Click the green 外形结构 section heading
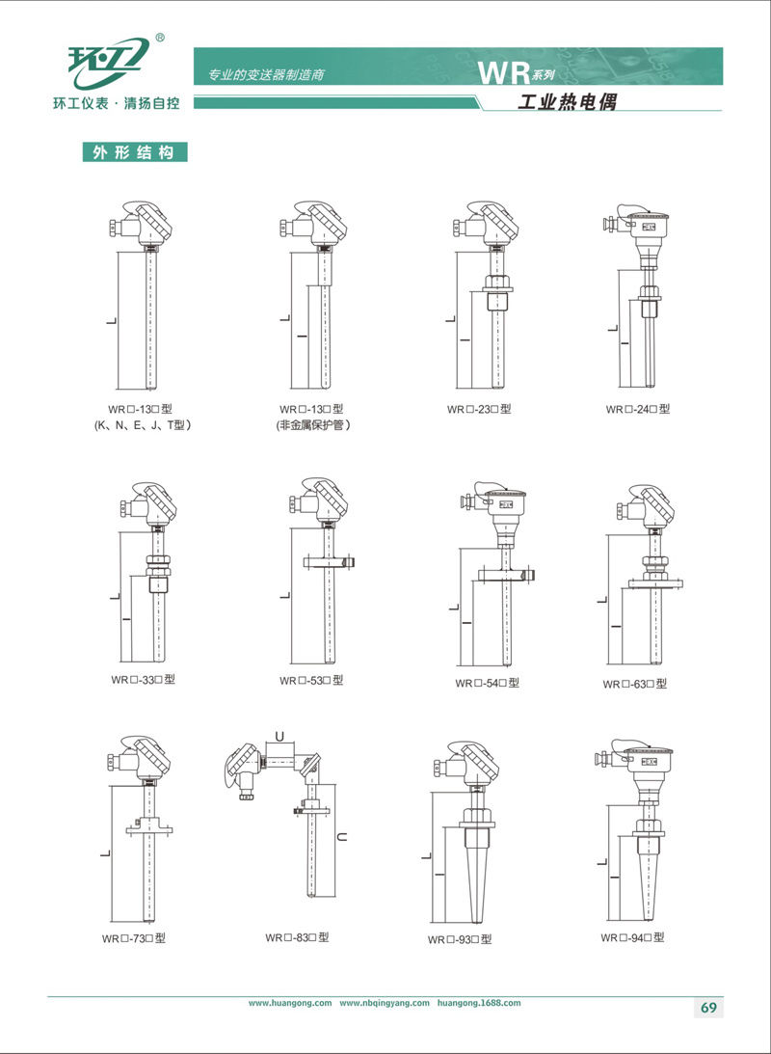click(135, 152)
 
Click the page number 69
click(708, 1008)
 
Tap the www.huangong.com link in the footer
click(290, 1003)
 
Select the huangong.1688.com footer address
click(478, 1003)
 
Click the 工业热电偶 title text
click(568, 101)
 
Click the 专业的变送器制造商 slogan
click(267, 74)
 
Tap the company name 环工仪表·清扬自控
click(117, 104)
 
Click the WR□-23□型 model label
click(479, 409)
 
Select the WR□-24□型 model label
click(637, 409)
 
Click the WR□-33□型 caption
click(143, 680)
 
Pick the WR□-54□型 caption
click(487, 683)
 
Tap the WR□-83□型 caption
click(297, 937)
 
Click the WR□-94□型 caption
click(632, 937)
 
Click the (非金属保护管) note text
click(313, 425)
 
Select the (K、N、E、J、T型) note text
click(143, 425)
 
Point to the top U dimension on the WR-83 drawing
click(283, 737)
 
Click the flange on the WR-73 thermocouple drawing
click(149, 827)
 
